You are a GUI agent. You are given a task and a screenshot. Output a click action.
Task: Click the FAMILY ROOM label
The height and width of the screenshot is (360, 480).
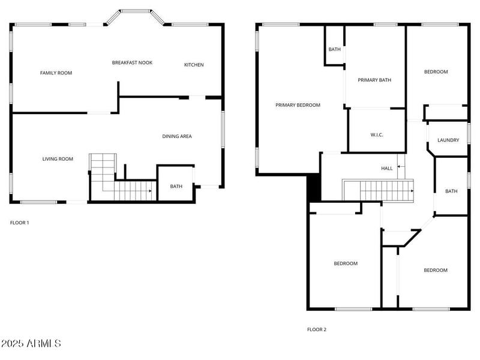56,73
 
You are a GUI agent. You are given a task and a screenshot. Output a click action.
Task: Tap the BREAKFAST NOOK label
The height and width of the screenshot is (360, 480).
132,62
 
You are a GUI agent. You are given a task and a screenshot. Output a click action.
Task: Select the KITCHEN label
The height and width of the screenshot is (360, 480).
194,65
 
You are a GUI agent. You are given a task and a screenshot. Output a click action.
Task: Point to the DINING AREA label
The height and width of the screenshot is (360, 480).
177,136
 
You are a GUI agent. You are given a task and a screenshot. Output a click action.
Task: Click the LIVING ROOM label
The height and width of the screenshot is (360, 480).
58,159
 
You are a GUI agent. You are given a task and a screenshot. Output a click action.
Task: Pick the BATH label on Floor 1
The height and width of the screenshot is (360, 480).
176,187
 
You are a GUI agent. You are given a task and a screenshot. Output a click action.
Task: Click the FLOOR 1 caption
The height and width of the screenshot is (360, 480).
20,223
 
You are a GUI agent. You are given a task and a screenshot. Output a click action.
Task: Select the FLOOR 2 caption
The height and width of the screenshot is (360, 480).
317,329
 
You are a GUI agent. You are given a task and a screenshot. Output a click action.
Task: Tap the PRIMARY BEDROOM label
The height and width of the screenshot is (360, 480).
298,105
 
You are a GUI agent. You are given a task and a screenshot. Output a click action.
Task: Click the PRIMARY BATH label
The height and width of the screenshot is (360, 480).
374,80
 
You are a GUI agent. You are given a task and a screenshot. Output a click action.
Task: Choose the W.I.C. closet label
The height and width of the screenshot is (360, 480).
377,135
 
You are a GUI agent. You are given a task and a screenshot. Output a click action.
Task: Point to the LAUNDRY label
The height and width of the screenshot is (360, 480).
448,140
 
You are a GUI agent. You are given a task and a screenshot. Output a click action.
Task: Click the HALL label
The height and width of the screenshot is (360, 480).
387,169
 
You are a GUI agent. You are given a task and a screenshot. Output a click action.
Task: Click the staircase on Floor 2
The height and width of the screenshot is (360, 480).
378,191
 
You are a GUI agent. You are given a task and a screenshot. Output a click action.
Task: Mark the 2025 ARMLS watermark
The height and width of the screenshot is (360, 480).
31,344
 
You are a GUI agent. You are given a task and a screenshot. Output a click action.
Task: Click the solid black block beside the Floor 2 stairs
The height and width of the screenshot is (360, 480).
314,188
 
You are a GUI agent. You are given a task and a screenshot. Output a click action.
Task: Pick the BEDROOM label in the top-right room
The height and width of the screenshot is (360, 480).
436,72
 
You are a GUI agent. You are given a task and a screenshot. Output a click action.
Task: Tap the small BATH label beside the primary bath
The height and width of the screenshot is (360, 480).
334,50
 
